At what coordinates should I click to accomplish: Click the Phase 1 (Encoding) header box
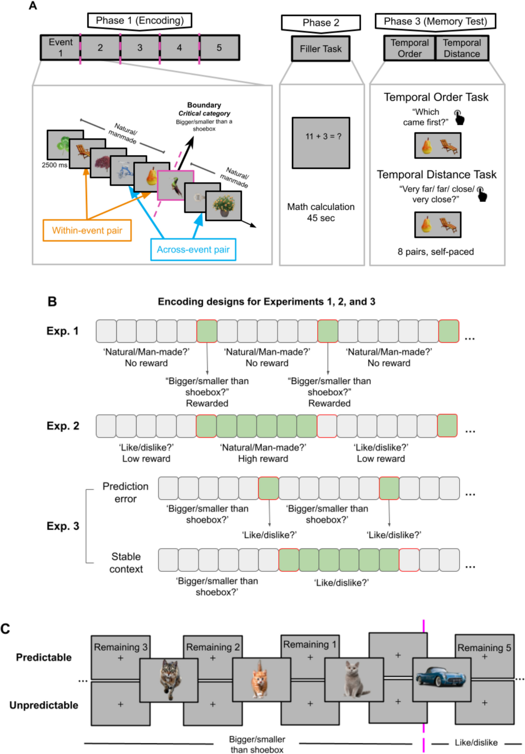[x=140, y=20]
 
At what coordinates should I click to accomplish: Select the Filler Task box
[x=320, y=49]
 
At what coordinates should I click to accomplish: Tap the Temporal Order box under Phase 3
[x=410, y=48]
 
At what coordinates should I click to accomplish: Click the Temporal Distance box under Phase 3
[x=462, y=48]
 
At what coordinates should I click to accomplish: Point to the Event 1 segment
[x=60, y=48]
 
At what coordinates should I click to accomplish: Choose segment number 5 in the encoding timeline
[x=219, y=48]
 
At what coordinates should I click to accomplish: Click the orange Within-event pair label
[x=87, y=230]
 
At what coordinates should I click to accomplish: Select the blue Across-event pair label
[x=193, y=250]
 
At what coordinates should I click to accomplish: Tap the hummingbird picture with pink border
[x=175, y=185]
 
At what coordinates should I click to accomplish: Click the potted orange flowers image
[x=224, y=206]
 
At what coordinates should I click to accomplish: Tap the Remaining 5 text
[x=484, y=648]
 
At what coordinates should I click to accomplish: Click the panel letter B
[x=52, y=302]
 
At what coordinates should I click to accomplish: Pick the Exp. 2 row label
[x=63, y=426]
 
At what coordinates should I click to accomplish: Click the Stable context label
[x=126, y=563]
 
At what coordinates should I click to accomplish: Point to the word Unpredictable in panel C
[x=44, y=705]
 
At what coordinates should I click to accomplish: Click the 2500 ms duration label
[x=54, y=165]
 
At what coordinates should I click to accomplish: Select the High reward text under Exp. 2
[x=263, y=459]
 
